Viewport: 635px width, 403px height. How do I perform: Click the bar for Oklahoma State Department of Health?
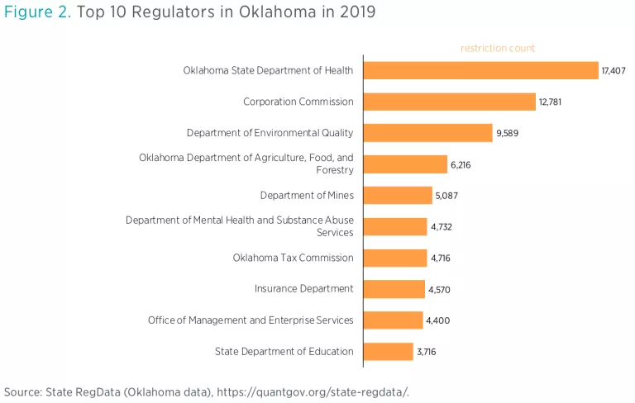[480, 71]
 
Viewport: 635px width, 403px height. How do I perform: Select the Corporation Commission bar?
[449, 102]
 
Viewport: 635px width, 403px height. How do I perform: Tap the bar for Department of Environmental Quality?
[427, 133]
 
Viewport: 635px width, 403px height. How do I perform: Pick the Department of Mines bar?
[398, 196]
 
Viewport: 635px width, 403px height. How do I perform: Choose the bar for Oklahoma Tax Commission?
[395, 258]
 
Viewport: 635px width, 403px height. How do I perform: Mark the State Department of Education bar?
[389, 352]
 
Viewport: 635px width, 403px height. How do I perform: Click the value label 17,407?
[614, 71]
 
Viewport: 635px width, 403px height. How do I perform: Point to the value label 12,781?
[552, 102]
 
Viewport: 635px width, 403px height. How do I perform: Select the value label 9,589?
[508, 133]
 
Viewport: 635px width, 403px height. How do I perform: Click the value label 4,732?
[442, 227]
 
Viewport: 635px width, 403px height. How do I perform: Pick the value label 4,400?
[438, 320]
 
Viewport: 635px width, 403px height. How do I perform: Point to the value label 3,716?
[427, 352]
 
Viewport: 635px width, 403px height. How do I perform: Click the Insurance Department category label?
[303, 289]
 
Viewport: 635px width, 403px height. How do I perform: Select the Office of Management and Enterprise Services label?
[251, 320]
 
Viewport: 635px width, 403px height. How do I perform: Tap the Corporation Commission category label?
[298, 102]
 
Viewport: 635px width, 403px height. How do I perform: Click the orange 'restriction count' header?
[498, 48]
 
